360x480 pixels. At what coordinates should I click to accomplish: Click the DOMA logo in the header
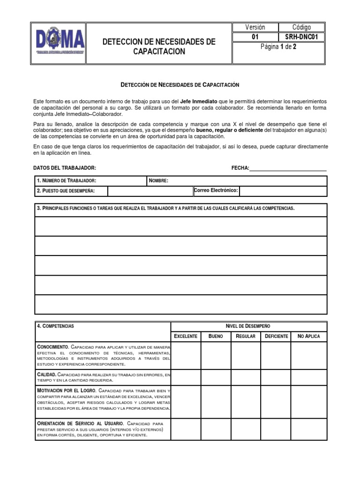pos(61,42)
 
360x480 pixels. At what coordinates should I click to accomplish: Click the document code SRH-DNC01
pos(301,37)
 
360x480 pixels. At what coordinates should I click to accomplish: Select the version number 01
pos(255,37)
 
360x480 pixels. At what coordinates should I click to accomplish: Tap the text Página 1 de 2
pos(278,46)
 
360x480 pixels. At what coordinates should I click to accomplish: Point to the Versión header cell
pos(255,27)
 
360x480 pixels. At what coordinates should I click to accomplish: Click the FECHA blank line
pos(288,168)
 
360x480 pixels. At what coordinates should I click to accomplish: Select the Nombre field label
pos(158,181)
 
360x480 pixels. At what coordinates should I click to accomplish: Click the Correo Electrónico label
pos(216,190)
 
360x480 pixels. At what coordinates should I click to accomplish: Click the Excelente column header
pos(186,336)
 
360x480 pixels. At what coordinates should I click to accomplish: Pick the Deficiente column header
pos(276,336)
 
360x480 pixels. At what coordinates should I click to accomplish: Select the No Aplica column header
pos(308,336)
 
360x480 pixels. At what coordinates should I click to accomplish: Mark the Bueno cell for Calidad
pos(216,377)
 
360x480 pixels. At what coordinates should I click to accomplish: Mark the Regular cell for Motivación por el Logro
pos(246,402)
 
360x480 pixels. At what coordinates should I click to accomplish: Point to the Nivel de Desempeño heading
pos(248,326)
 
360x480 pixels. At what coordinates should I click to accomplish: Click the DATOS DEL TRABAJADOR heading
pos(65,168)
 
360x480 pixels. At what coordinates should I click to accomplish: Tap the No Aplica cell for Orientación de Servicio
pos(308,429)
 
